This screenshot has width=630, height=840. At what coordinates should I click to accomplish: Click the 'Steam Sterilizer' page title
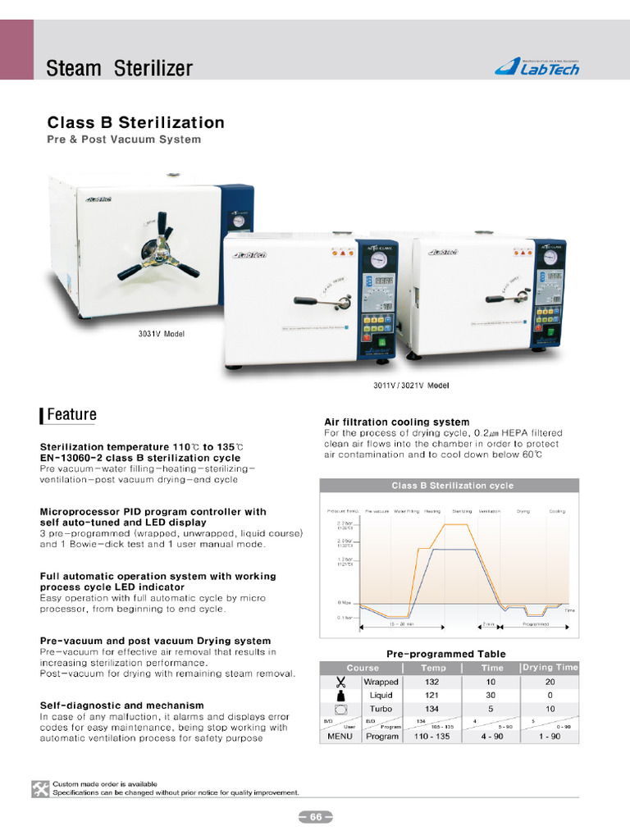click(x=119, y=67)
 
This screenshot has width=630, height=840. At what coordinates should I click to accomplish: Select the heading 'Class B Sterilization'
click(x=135, y=123)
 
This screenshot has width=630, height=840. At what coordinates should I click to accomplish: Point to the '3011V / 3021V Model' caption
click(x=411, y=385)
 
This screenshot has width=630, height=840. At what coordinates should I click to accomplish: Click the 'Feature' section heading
click(x=71, y=415)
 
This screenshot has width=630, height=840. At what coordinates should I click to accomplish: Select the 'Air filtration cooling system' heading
click(x=397, y=422)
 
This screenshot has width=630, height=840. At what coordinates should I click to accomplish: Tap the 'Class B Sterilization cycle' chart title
click(x=452, y=486)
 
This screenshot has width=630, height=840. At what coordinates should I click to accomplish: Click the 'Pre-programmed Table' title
click(x=446, y=654)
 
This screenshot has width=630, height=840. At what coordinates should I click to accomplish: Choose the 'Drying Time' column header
click(x=550, y=668)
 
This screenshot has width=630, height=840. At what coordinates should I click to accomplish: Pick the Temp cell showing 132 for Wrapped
click(x=431, y=682)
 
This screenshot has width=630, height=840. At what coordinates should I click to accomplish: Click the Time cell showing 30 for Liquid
click(x=491, y=696)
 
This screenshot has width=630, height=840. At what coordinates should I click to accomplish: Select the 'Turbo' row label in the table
click(x=381, y=709)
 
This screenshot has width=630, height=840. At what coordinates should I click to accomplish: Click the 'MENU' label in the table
click(x=340, y=736)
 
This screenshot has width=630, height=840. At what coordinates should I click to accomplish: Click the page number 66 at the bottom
click(x=315, y=817)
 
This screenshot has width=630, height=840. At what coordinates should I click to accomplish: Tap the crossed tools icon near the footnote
click(x=40, y=788)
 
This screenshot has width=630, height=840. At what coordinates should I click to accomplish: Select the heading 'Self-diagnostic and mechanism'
click(x=121, y=705)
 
